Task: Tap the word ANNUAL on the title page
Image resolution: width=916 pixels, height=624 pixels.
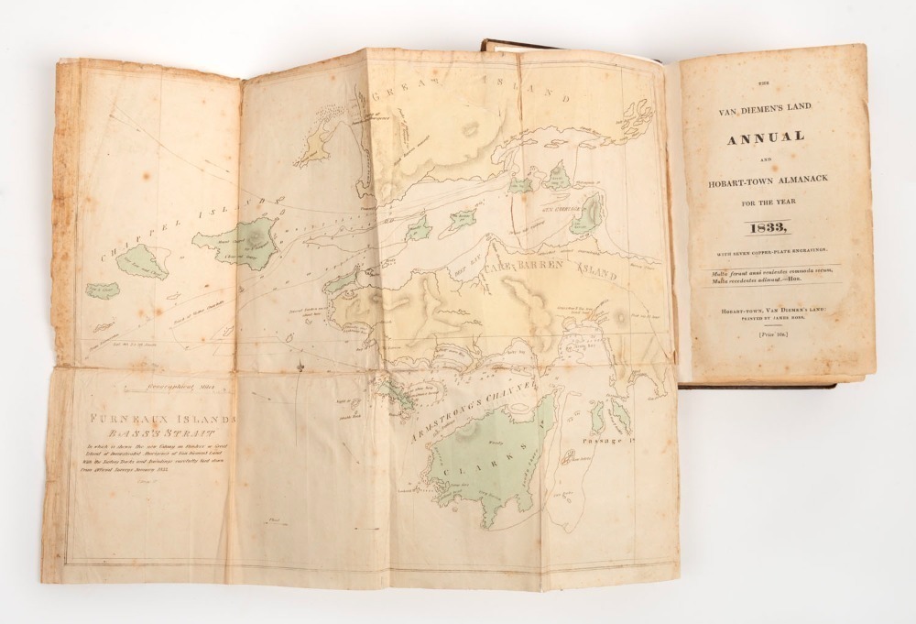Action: [x=766, y=137]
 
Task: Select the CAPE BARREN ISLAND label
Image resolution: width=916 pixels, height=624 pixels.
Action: [x=550, y=272]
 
